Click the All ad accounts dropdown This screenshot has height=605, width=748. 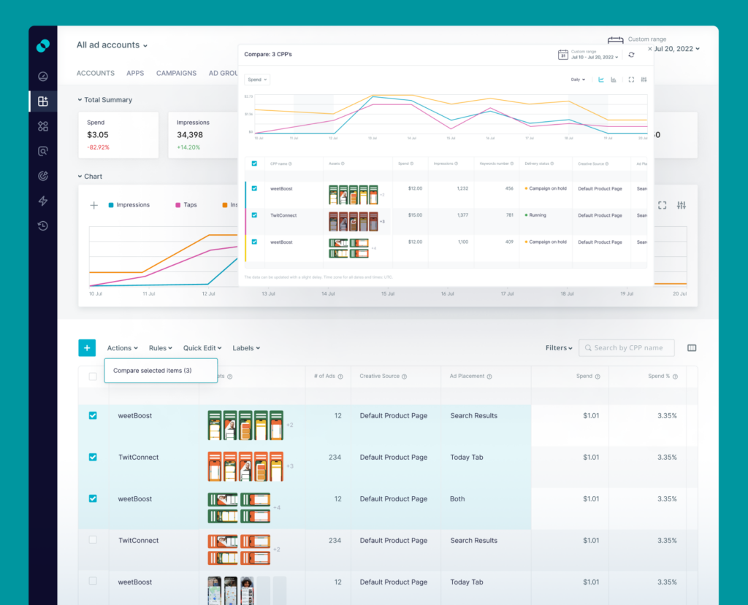tap(112, 45)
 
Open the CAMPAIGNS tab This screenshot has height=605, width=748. tap(176, 73)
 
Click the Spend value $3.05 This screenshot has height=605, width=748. tap(98, 135)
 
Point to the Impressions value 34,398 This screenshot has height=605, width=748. tap(190, 135)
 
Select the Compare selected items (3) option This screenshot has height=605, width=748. tap(153, 371)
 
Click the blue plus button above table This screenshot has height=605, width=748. tap(87, 348)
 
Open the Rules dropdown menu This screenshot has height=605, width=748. tap(160, 348)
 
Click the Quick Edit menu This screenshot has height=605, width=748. tap(203, 348)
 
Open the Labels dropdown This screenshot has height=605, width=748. tap(246, 348)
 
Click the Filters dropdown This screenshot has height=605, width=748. tap(559, 348)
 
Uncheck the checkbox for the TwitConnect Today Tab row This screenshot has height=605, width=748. tap(93, 458)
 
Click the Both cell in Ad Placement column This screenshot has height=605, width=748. tap(457, 499)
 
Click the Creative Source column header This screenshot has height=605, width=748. tap(380, 377)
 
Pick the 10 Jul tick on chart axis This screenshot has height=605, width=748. tap(96, 293)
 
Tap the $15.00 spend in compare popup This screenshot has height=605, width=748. tap(414, 215)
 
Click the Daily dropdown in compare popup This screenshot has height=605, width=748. tap(579, 80)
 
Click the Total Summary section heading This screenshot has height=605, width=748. tap(107, 100)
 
